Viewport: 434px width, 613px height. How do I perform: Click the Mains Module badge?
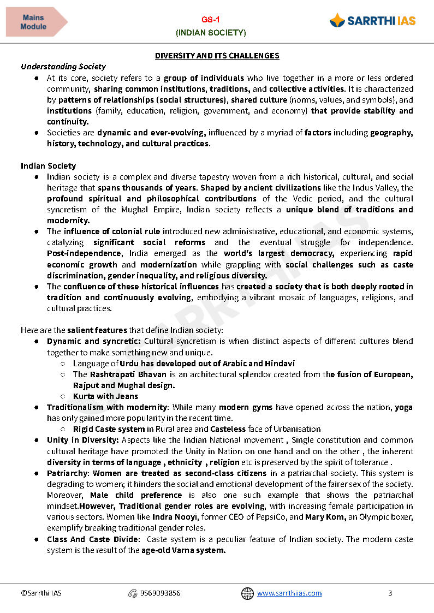(x=34, y=22)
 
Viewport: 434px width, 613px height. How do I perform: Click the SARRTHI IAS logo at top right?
(x=372, y=21)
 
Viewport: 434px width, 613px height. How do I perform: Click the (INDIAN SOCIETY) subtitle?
(x=211, y=33)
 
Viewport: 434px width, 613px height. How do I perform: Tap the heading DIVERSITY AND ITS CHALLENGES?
(x=217, y=56)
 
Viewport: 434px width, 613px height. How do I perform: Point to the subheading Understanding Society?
(x=63, y=67)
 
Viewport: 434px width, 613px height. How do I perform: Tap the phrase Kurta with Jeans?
(x=105, y=396)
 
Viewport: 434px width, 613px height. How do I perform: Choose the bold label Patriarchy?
(x=68, y=473)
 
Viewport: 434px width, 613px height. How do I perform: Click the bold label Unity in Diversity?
(x=83, y=440)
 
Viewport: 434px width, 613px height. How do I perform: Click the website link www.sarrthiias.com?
(x=289, y=593)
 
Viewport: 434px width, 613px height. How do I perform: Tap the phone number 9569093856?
(x=160, y=593)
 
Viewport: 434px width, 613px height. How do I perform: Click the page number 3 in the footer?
(x=390, y=593)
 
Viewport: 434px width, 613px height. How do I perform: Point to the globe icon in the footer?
(x=247, y=593)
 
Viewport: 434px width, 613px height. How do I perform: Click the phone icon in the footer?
(x=132, y=593)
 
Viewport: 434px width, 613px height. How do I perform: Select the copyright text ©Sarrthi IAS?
(x=41, y=593)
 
